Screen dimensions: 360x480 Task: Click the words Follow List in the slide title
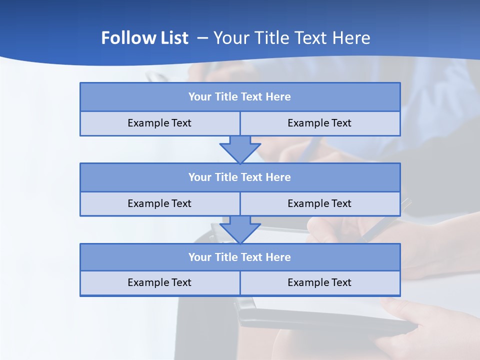144,38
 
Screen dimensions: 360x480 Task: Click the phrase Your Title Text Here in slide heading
292,38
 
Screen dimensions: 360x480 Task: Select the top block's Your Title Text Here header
239,97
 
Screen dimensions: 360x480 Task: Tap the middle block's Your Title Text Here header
239,177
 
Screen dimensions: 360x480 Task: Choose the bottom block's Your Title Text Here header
239,257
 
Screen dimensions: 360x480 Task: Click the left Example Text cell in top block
159,123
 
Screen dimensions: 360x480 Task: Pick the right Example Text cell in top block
319,123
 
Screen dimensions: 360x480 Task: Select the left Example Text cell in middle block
159,203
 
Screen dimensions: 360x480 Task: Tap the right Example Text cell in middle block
319,203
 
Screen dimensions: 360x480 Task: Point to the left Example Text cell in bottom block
159,282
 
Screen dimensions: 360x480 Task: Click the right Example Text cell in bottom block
319,282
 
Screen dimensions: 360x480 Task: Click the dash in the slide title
202,38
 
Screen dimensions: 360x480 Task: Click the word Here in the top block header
278,97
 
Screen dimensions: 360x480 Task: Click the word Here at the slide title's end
352,38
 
